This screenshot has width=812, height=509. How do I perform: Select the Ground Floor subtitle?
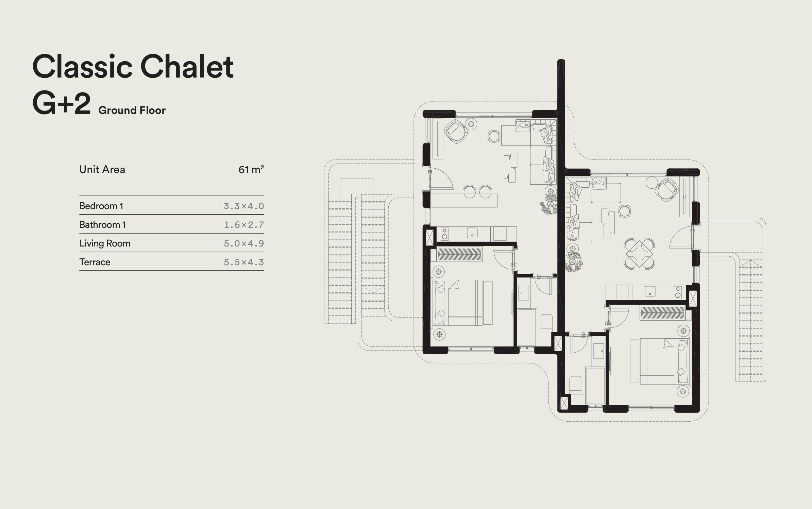click(x=132, y=111)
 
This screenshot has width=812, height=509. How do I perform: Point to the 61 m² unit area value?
click(x=251, y=169)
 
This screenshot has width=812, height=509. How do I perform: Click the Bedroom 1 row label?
click(x=101, y=206)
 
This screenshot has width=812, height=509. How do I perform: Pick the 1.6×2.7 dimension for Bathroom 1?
click(x=244, y=225)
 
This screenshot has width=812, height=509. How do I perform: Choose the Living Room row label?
click(x=105, y=243)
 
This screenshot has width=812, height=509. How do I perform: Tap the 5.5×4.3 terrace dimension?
click(x=244, y=262)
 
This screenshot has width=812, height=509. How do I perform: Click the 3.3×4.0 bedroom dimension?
click(x=244, y=206)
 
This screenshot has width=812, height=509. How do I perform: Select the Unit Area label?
click(x=102, y=169)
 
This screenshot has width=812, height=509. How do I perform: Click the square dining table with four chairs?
click(x=639, y=254)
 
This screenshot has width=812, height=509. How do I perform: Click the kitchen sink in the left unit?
click(x=472, y=233)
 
